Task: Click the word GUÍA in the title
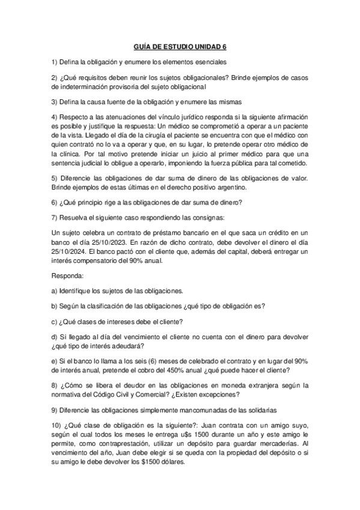tap(141, 45)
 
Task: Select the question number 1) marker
tap(54, 62)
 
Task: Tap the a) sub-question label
tap(54, 290)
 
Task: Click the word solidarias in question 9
tap(276, 411)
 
